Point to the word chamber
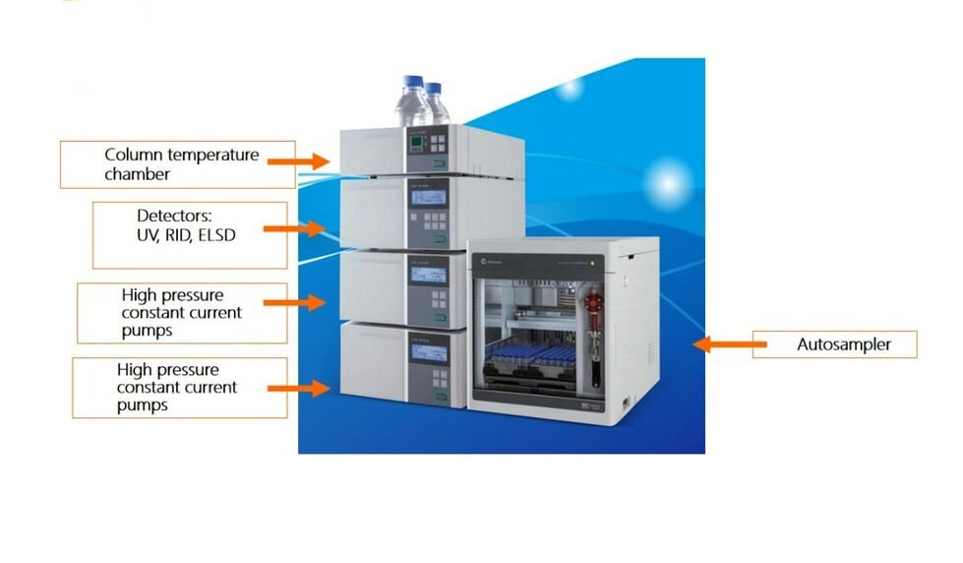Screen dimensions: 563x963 (x=138, y=174)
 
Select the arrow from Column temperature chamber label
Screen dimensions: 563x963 (x=299, y=158)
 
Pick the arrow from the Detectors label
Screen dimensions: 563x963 (x=295, y=228)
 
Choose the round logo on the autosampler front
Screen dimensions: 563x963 (x=487, y=261)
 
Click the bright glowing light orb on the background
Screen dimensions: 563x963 (x=668, y=182)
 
